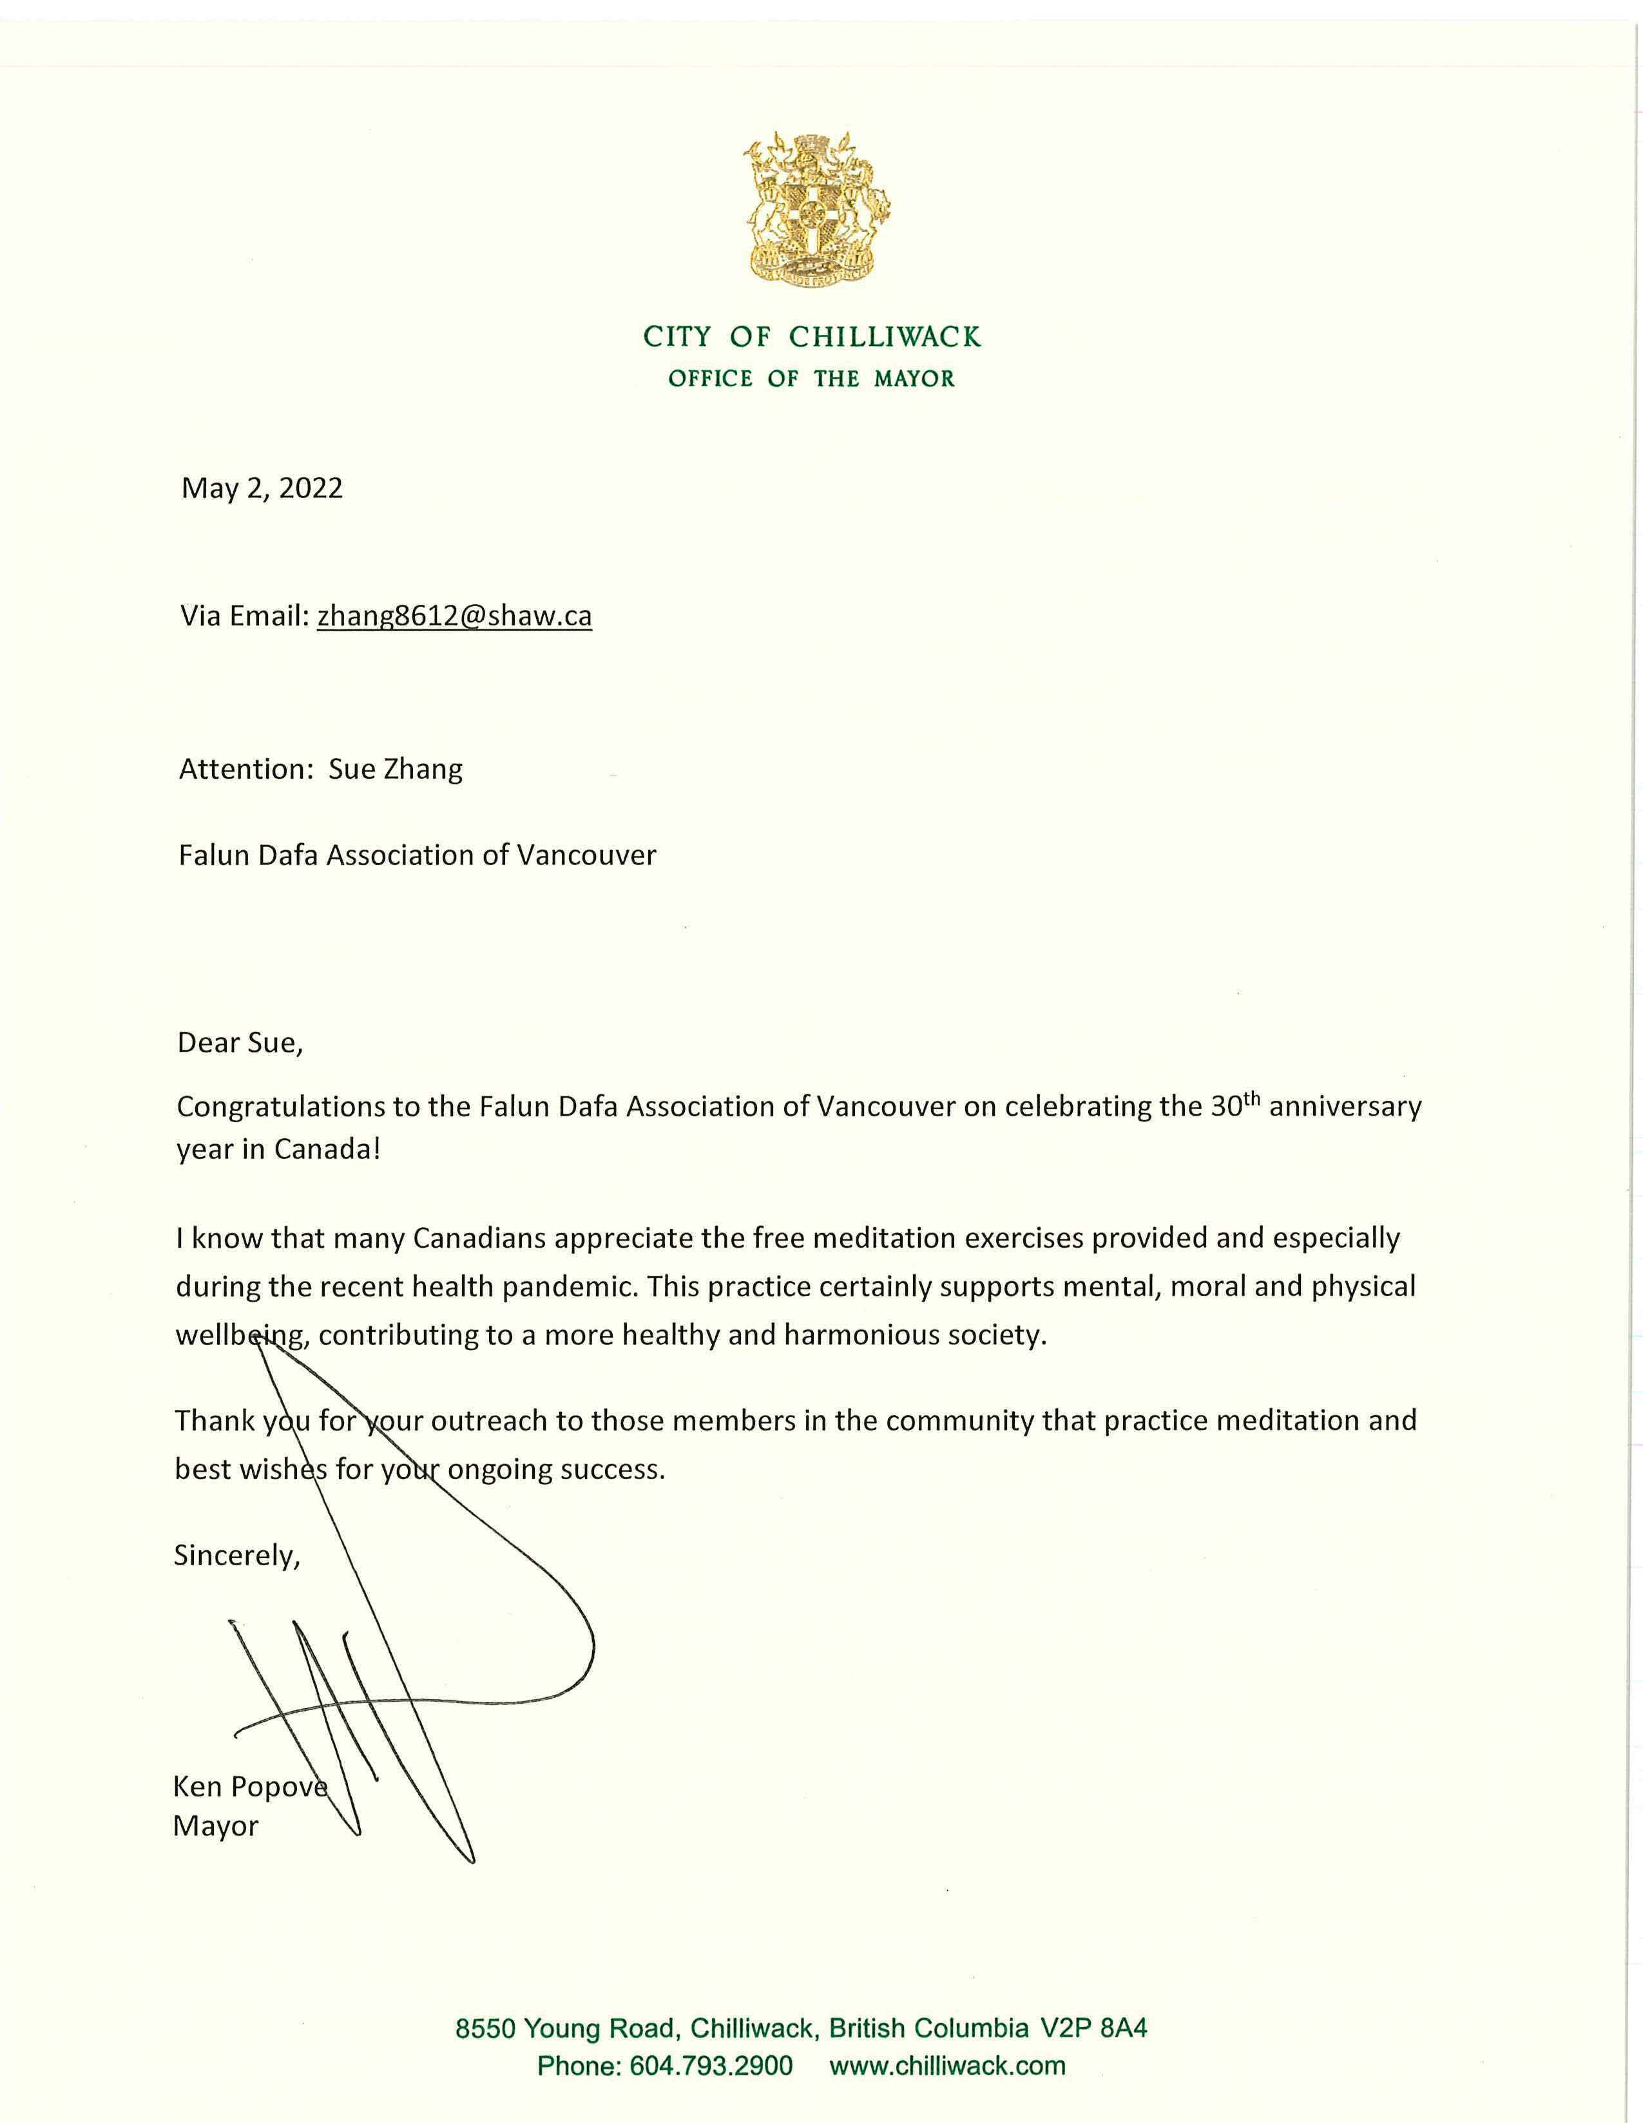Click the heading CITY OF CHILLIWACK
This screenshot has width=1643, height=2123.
point(812,338)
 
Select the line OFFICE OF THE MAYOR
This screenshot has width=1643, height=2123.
point(812,379)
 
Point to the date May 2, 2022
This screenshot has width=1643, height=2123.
point(262,488)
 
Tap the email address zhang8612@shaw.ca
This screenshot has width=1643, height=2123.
point(454,616)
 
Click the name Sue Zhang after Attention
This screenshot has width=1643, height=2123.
point(396,769)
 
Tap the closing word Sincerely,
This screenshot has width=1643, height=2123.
point(237,1556)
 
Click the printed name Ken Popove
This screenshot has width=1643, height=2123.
point(250,1787)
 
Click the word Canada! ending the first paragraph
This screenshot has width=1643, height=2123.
point(327,1149)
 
